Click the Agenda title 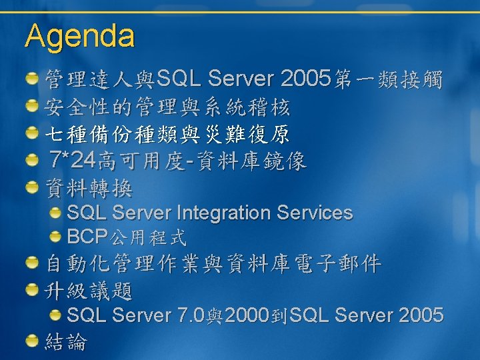click(79, 37)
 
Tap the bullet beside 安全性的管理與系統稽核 click(32, 105)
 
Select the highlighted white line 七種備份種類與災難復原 click(167, 134)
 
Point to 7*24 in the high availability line click(72, 160)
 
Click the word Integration click(224, 213)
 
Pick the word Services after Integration click(315, 213)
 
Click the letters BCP click(87, 236)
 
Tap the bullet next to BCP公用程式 click(55, 236)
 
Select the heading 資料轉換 click(89, 188)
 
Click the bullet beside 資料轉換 click(32, 187)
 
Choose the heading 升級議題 click(88, 291)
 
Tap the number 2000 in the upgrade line click(247, 315)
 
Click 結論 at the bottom click(66, 341)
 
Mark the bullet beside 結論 click(32, 341)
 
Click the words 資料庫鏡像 click(251, 161)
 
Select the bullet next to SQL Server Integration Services click(55, 213)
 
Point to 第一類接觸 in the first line click(388, 79)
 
